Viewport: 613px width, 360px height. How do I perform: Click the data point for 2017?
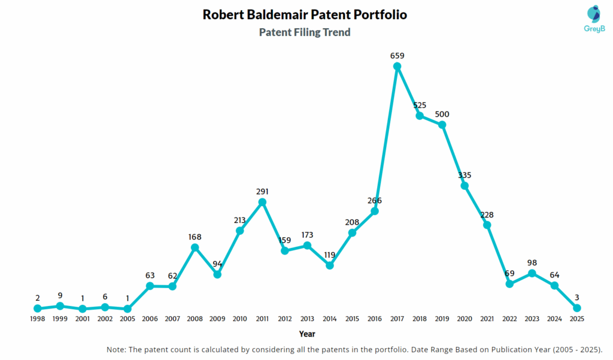pos(397,66)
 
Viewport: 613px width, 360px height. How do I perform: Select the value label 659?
pos(397,56)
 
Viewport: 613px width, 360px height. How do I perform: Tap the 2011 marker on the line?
pos(262,202)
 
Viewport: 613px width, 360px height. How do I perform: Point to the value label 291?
pos(262,192)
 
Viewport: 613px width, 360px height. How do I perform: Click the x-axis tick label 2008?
pos(195,319)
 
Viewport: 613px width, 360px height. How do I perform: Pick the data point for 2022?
pos(509,284)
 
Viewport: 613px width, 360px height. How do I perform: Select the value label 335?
pos(465,175)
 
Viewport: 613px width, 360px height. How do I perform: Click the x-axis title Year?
pos(307,334)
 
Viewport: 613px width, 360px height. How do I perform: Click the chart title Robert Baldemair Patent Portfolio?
pos(305,15)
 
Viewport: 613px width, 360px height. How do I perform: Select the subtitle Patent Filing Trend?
pos(305,32)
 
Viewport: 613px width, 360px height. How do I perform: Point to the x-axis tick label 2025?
pos(577,319)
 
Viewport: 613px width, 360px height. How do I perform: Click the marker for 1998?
pos(37,308)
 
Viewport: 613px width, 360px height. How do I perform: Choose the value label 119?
pos(330,255)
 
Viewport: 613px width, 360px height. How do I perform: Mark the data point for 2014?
pos(330,265)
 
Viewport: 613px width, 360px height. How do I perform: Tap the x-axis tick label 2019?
pos(442,319)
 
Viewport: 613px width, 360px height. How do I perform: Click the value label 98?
pos(532,263)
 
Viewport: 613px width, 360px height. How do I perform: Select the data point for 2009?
pos(217,274)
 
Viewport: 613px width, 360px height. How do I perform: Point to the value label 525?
pos(420,105)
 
